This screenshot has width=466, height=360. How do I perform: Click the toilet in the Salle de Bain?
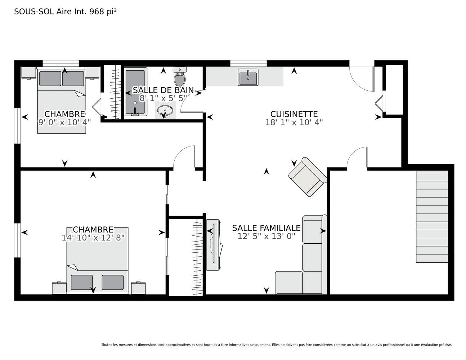tap(180, 76)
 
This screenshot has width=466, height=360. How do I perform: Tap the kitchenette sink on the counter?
tap(248, 77)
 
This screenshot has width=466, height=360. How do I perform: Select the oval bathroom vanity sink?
tap(165, 111)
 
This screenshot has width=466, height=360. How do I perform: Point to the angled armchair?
tap(308, 177)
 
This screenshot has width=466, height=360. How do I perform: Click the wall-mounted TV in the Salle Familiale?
tap(213, 245)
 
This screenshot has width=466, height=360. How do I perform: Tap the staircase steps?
tap(432, 216)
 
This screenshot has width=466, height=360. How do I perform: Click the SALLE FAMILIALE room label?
tap(266, 228)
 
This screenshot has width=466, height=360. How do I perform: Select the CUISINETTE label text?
tap(294, 114)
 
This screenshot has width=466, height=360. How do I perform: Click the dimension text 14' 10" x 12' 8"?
tap(93, 238)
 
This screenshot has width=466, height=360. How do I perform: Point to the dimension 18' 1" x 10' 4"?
tap(294, 122)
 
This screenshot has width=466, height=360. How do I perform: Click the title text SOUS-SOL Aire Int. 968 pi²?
tap(65, 12)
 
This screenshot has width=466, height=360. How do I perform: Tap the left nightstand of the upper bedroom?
tap(28, 73)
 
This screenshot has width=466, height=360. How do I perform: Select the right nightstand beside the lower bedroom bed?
tap(138, 288)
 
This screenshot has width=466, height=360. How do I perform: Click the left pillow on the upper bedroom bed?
tap(50, 78)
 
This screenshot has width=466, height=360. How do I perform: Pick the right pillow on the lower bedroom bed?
tap(113, 282)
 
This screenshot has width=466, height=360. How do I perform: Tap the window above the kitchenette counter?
tap(248, 63)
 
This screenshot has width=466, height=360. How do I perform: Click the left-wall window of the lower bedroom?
tap(17, 240)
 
